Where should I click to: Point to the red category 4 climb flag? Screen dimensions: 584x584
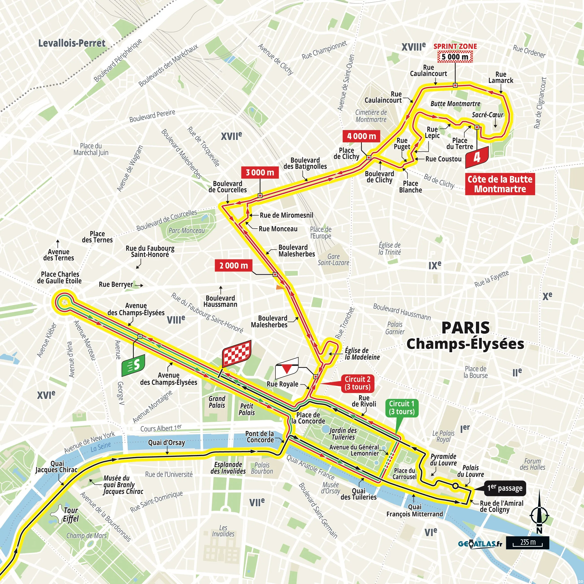477,157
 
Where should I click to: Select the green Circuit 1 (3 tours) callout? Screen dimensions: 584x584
402,408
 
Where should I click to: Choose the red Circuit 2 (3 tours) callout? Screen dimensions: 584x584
358,383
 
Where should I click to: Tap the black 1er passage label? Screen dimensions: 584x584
505,488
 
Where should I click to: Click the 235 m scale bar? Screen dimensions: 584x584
527,543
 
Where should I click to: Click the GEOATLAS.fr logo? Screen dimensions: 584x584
480,544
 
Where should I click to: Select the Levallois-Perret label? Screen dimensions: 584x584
72,43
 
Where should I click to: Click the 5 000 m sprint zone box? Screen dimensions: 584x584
455,57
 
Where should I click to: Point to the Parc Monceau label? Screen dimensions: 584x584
187,231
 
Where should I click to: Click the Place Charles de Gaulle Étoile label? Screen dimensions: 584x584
59,277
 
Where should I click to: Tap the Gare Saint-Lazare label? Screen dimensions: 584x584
333,260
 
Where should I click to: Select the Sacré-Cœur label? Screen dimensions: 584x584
487,115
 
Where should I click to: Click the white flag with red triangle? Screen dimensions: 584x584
287,368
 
